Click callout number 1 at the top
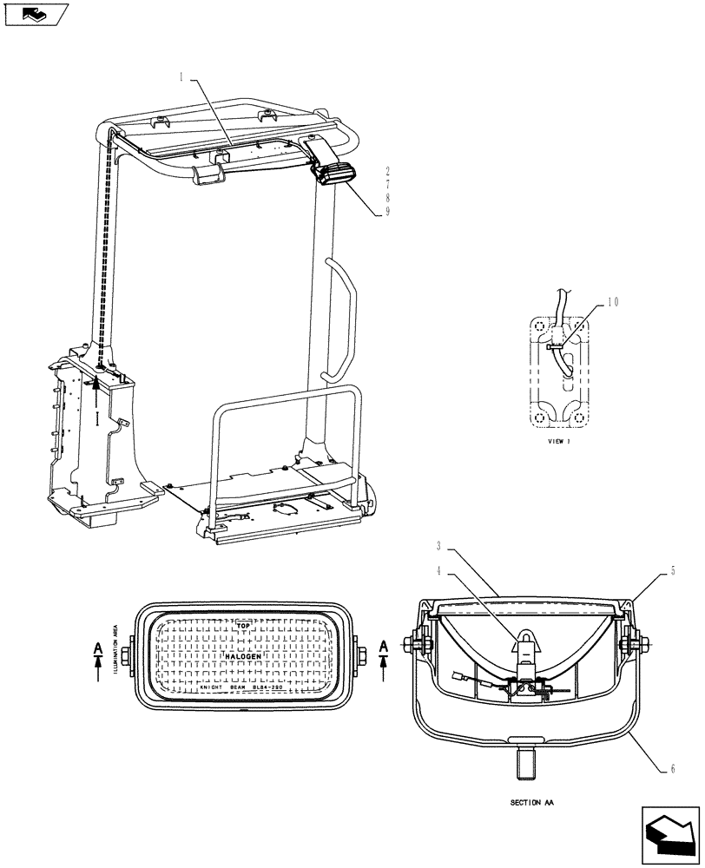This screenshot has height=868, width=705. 181,76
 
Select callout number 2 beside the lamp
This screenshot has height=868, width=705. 386,171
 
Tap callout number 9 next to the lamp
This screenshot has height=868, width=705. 386,210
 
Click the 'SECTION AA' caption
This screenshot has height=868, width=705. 533,803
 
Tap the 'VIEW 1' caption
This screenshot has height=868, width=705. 558,442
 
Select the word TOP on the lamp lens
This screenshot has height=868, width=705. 244,624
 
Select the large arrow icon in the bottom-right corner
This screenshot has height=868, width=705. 669,834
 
